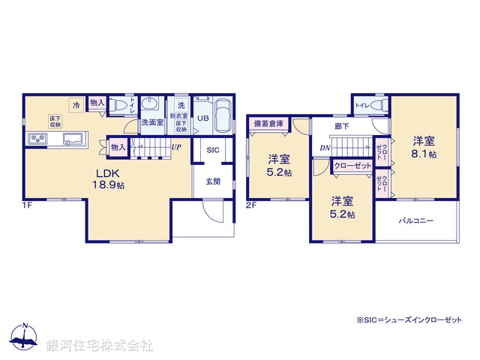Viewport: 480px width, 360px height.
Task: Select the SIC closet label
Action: point(213,150)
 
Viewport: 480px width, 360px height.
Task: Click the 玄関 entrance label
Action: point(213,181)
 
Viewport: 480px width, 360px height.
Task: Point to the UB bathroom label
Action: point(202,118)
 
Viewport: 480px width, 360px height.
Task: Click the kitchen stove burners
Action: point(38,139)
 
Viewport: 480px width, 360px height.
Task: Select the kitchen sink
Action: point(73,138)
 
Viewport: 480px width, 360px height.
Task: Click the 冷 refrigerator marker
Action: point(76,105)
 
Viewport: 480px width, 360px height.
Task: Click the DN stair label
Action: point(324,148)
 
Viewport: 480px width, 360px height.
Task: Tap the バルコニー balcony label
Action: point(415,222)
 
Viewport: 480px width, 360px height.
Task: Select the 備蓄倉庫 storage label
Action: point(268,123)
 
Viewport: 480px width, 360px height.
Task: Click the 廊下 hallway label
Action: point(342,127)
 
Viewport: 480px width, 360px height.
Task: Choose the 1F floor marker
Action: point(27,204)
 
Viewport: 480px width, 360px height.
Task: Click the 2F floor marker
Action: point(252,204)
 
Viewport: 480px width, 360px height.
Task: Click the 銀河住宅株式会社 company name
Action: point(99,345)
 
